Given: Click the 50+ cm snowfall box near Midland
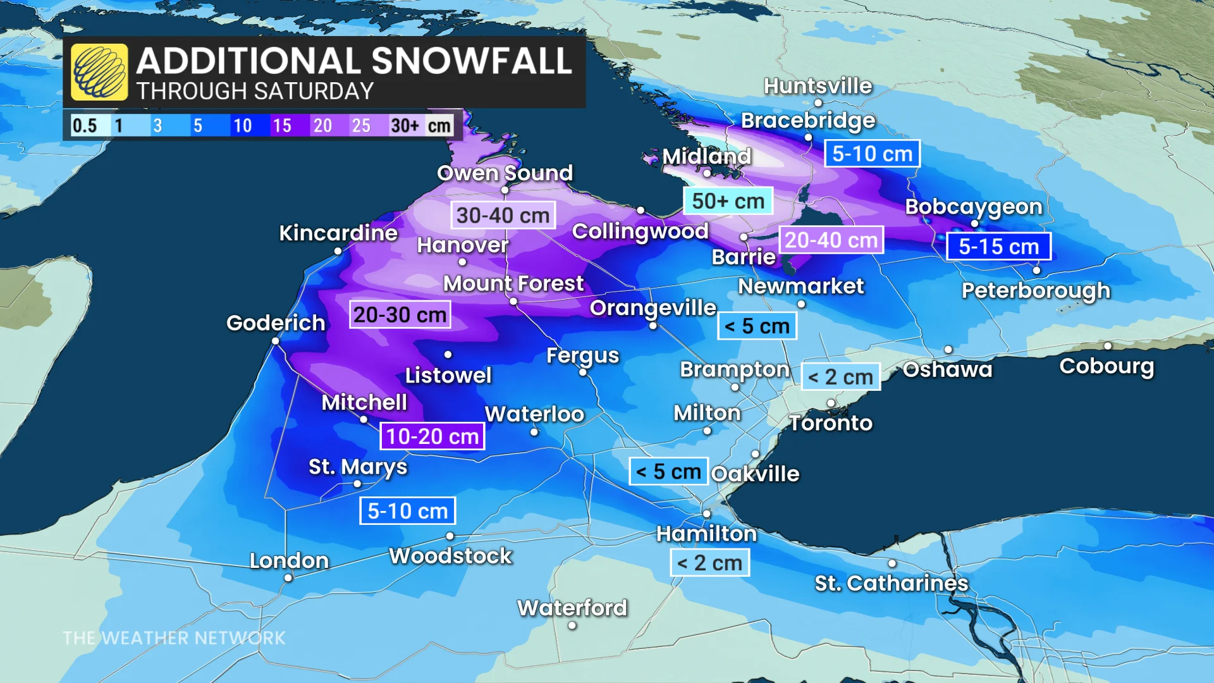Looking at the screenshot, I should click(x=728, y=201).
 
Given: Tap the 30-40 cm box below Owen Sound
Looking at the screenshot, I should click(x=503, y=216).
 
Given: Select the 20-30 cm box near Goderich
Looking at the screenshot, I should click(x=400, y=314).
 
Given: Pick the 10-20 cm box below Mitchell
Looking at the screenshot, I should click(x=432, y=436).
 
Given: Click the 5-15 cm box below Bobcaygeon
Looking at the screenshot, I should click(x=998, y=247).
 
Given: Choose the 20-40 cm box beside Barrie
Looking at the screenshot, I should click(x=831, y=240).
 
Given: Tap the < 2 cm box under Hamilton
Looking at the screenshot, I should click(x=709, y=563).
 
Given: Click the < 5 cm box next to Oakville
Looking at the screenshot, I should click(x=668, y=472).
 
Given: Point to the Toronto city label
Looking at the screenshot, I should click(x=831, y=422).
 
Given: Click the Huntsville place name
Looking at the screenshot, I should click(x=818, y=85).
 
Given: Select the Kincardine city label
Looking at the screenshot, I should click(x=338, y=233).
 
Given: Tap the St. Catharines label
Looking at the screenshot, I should click(x=891, y=583).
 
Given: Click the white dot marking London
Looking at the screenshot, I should click(x=288, y=578).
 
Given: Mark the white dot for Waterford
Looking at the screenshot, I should click(x=572, y=625).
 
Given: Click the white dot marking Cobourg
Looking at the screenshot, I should click(x=1108, y=346).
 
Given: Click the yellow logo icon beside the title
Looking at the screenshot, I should click(x=99, y=72).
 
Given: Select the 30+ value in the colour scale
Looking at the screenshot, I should click(x=405, y=125).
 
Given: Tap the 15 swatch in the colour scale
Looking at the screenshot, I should click(x=282, y=125).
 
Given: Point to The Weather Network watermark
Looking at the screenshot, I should click(x=175, y=638).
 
